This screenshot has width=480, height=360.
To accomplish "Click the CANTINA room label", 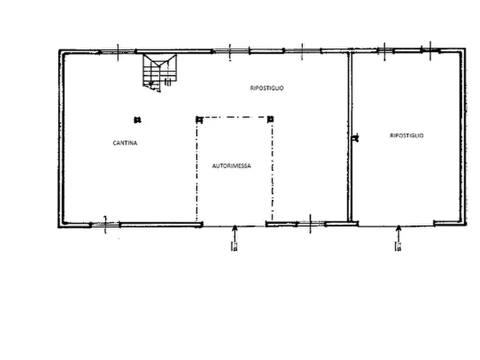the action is coord(125,143).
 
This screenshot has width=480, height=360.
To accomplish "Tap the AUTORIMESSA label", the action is coord(232,166).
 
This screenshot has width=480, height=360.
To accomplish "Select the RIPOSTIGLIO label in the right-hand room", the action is coord(406,135).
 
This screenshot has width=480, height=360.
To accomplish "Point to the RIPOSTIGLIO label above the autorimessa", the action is coord(267,88).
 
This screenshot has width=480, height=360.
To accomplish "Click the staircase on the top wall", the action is coord(160,73).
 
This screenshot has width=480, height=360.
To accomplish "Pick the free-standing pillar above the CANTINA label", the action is coord(138,120).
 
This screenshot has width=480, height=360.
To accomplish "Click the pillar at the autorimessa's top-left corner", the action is coord(199,119).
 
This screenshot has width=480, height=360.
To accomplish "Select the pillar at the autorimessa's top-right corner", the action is coord(270,119).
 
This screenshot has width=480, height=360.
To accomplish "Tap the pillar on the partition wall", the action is coord(355,138).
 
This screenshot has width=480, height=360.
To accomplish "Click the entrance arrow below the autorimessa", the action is coord(235,238).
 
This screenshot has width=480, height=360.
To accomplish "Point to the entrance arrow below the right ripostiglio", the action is coord(398,238).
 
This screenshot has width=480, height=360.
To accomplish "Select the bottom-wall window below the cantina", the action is coord(105,225).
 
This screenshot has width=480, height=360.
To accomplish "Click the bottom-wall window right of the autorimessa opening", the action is coord(310,224).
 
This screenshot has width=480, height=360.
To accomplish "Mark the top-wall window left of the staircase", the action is coord(118,52).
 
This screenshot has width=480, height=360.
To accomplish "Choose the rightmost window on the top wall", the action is coord(430,51).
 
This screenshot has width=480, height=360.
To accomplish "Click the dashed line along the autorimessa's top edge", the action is coord(235,117).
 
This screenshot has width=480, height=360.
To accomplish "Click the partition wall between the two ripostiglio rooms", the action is coord(350,136).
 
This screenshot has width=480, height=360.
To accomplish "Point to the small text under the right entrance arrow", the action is coord(398,246).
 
